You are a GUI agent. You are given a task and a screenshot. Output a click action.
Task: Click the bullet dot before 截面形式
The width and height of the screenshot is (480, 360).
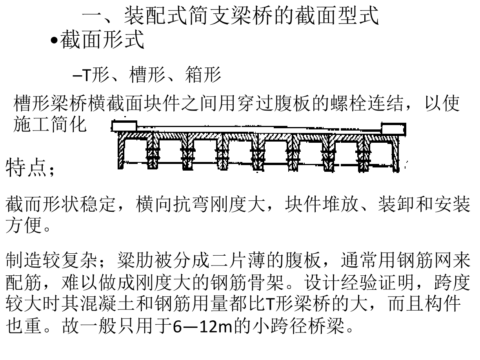click(54, 40)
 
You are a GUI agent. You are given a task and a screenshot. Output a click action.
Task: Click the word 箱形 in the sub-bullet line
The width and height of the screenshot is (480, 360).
click(203, 75)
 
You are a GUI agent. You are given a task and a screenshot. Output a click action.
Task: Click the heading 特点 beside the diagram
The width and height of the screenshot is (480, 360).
click(26, 168)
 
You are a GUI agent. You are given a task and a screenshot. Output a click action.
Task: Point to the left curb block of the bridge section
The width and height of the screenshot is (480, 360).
click(124, 126)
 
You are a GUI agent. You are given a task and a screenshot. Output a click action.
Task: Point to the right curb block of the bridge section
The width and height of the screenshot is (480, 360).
click(394, 129)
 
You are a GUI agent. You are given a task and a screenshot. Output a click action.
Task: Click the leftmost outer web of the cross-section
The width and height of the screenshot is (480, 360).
click(121, 151)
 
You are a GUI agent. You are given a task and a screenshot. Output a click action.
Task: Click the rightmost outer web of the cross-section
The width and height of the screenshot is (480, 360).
click(396, 153)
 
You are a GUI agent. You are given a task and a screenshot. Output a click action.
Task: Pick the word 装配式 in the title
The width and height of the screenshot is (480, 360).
click(156, 15)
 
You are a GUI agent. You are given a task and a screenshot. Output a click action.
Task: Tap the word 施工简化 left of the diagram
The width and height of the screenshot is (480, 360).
click(50, 124)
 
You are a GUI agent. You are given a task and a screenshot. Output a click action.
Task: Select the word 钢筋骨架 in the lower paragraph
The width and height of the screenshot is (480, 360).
click(247, 282)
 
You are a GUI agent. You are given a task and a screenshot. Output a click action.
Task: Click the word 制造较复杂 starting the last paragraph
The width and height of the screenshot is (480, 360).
click(51, 260)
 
